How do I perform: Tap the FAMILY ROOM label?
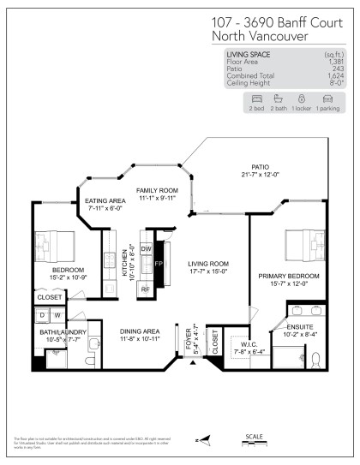click(157, 190)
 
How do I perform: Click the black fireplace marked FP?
click(157, 264)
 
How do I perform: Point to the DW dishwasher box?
click(146, 247)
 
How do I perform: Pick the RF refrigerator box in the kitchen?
click(146, 289)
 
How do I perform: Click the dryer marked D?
click(41, 316)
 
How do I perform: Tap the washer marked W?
click(57, 316)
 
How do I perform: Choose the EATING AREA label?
click(105, 201)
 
